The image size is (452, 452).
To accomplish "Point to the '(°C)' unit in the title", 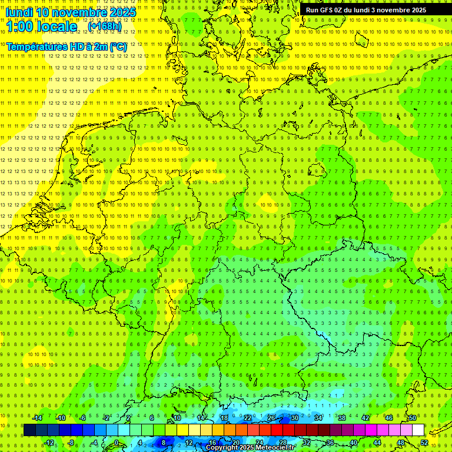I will (x=117, y=46).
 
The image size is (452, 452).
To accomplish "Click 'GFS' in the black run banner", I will (x=327, y=10).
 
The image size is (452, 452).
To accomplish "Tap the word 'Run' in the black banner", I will (x=312, y=10).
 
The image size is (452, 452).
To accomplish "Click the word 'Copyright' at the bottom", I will (x=222, y=448).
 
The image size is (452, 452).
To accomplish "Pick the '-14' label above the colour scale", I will (x=37, y=418).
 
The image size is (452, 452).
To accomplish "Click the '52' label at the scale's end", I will (x=424, y=443).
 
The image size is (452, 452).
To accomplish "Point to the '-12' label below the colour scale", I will (x=49, y=443).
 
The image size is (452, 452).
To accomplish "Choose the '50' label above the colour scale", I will (x=413, y=418).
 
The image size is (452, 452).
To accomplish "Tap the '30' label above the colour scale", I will (x=295, y=418).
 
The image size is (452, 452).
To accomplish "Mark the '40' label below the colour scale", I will (x=354, y=443).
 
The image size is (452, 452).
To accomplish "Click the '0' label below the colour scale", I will (x=117, y=443).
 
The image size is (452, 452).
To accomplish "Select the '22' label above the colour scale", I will (x=248, y=418).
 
